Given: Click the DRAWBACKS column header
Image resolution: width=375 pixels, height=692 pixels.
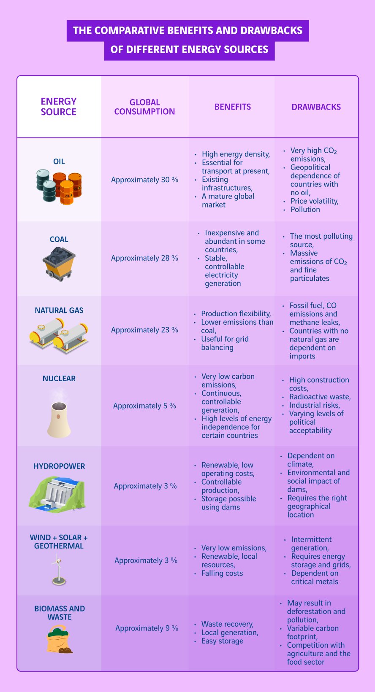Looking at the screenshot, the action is pyautogui.click(x=316, y=107).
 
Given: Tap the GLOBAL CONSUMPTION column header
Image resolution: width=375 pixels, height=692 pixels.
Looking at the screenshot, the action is pyautogui.click(x=144, y=107).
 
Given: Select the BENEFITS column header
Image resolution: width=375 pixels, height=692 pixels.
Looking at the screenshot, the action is pyautogui.click(x=233, y=107).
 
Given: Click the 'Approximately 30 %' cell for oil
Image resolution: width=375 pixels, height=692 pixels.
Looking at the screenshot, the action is pyautogui.click(x=144, y=180).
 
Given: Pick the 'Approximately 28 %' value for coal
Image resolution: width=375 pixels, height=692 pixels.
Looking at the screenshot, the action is pyautogui.click(x=144, y=258).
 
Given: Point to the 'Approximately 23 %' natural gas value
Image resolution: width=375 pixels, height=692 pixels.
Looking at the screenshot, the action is pyautogui.click(x=144, y=330).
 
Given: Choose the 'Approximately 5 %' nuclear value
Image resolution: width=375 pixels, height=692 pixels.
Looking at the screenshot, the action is pyautogui.click(x=144, y=406).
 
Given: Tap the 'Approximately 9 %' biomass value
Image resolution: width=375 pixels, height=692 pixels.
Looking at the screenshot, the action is pyautogui.click(x=147, y=628).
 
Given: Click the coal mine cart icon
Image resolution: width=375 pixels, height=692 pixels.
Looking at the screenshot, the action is pyautogui.click(x=59, y=264).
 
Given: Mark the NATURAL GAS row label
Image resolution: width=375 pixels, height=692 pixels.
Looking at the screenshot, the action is pyautogui.click(x=59, y=310).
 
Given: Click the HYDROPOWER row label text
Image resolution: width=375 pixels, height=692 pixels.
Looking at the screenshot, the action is pyautogui.click(x=59, y=466).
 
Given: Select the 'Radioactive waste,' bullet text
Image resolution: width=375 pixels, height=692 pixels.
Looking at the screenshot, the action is pyautogui.click(x=320, y=397).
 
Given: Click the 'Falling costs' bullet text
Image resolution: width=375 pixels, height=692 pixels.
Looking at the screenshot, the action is pyautogui.click(x=222, y=573).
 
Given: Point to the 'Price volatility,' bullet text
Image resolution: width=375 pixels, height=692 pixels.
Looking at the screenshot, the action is pyautogui.click(x=314, y=201).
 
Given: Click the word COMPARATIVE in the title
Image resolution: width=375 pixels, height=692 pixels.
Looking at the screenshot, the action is pyautogui.click(x=129, y=30).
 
